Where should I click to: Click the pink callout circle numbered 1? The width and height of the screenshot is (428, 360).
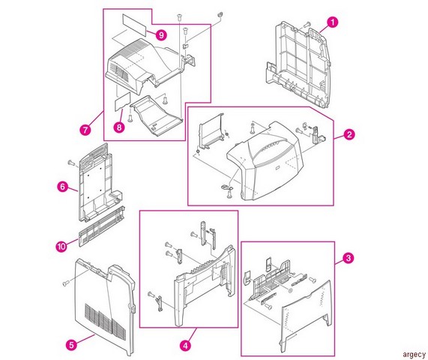click(x=332, y=22)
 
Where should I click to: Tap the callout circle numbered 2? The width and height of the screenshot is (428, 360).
click(x=349, y=134)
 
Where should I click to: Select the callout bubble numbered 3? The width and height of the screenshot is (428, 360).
click(x=348, y=258)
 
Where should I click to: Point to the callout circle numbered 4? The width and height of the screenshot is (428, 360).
click(x=185, y=346)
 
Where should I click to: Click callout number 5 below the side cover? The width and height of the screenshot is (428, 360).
click(x=71, y=345)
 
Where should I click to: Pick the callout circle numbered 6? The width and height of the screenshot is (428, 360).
click(x=63, y=187)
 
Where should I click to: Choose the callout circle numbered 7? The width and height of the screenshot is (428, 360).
click(x=85, y=130)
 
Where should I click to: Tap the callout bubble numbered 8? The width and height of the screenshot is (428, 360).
click(x=119, y=127)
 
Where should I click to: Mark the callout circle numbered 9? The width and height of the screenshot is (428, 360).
click(x=161, y=35)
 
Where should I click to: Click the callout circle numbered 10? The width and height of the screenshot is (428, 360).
click(x=61, y=246)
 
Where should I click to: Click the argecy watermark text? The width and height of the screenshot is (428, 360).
click(x=414, y=355)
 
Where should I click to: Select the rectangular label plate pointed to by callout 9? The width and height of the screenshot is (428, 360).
click(x=133, y=25)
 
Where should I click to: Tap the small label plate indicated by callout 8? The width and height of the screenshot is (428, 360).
click(x=122, y=101)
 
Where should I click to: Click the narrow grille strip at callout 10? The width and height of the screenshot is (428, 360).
click(x=101, y=226)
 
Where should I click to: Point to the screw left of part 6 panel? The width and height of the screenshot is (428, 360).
click(x=71, y=163)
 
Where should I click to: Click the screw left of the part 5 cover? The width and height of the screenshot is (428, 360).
click(x=66, y=283)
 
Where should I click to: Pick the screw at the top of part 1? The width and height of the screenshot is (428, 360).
click(x=307, y=25)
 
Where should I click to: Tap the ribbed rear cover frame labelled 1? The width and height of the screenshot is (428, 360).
click(x=298, y=65)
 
